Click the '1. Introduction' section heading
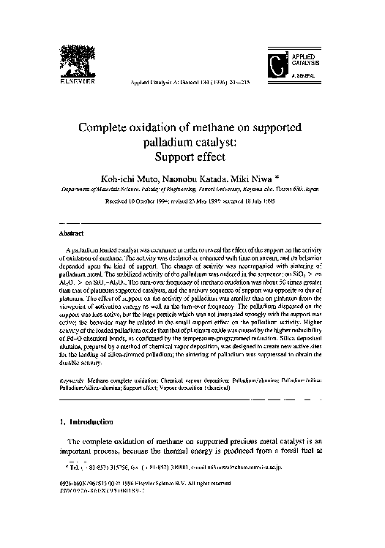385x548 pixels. click(86, 422)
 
